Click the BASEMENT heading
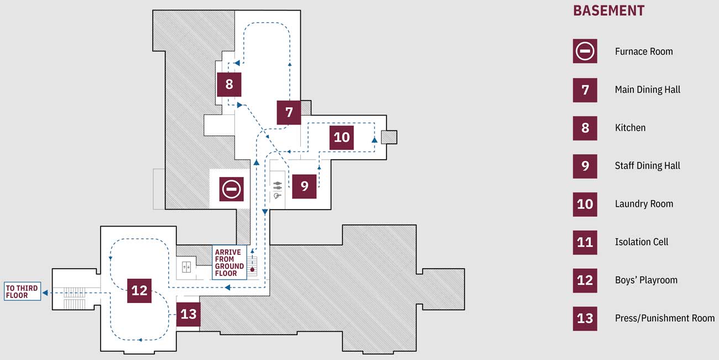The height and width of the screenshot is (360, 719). point(608,11)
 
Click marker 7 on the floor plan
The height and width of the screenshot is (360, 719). point(289,112)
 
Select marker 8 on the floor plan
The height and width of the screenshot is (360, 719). point(229,85)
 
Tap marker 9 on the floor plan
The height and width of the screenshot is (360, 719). point(304,186)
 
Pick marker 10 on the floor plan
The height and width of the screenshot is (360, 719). point(342,137)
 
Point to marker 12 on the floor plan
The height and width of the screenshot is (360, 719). point(139,290)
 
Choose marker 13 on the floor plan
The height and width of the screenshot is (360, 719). point(188,314)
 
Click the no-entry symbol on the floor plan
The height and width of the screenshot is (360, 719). point(231,190)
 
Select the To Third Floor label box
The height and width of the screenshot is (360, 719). point(22,291)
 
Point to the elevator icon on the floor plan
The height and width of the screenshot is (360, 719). point(186,266)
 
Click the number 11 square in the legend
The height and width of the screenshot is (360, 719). point(585,242)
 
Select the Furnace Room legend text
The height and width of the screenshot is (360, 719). point(644,51)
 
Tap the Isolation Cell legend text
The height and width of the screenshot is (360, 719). point(642,242)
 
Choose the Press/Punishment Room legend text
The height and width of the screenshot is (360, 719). point(664,318)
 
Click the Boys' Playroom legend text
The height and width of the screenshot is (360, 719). point(646,280)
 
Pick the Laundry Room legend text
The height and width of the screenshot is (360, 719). point(644,204)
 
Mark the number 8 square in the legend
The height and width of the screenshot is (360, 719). point(585,128)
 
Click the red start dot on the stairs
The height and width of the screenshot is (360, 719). point(253,269)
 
